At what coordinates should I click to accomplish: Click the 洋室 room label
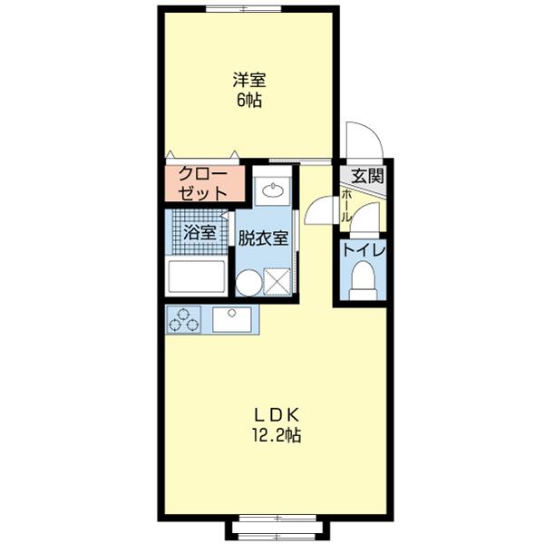(251, 80)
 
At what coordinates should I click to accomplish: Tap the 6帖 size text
(250, 101)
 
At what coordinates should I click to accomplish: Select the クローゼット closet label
(203, 183)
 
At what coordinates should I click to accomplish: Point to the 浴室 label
(199, 232)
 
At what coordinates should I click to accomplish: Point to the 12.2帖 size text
(276, 436)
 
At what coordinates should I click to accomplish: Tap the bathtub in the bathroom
(196, 276)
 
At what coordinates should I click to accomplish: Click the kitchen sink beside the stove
(235, 320)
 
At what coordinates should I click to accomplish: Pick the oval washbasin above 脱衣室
(272, 191)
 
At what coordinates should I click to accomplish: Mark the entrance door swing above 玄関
(364, 141)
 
